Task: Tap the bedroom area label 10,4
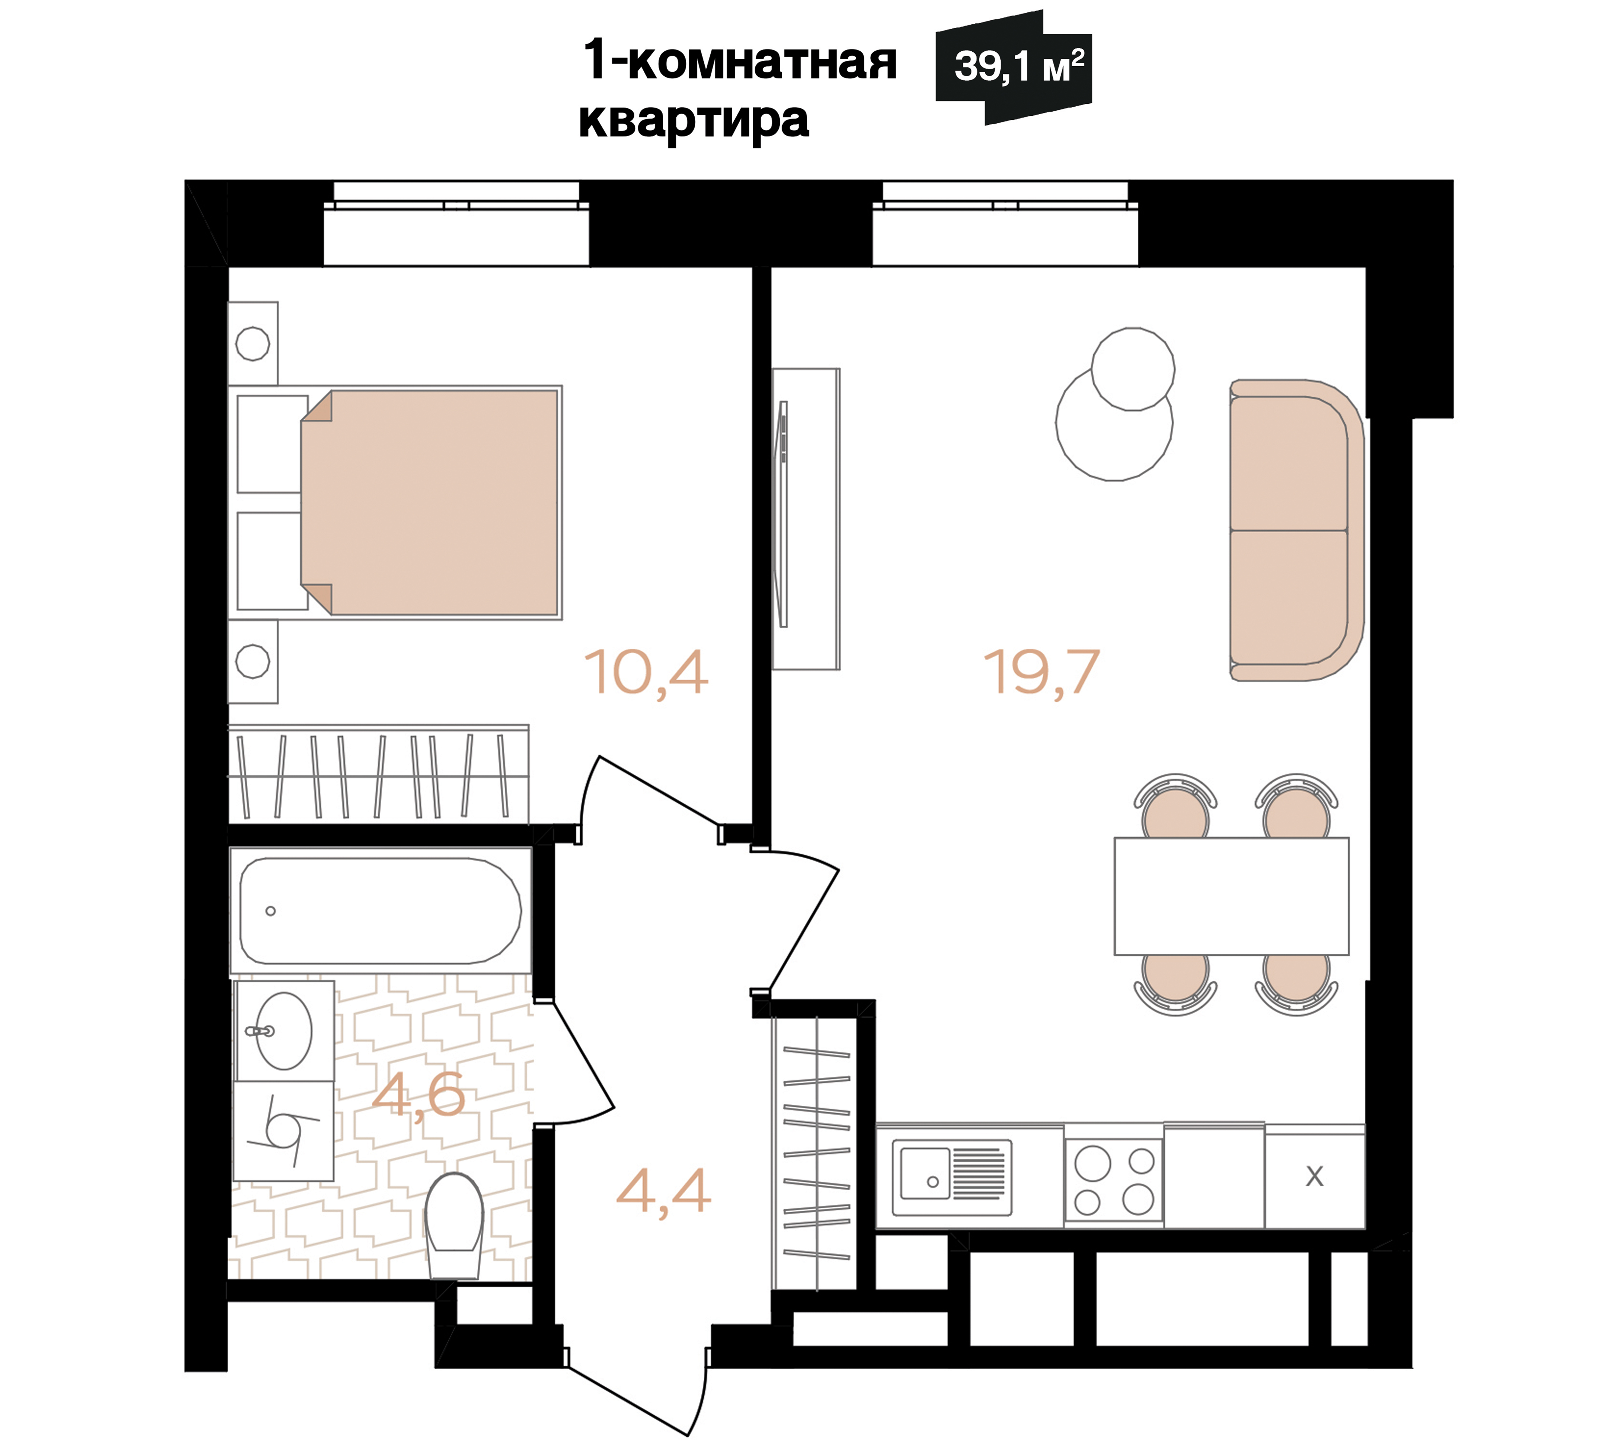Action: (645, 673)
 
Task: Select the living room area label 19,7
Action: (1041, 673)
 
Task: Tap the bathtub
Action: (380, 910)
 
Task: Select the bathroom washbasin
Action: (284, 1031)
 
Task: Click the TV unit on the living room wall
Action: (805, 519)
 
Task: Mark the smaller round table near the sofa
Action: (1132, 368)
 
